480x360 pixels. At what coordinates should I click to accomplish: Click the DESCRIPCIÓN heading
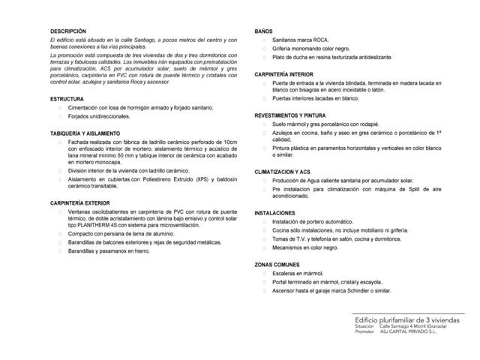[65, 31]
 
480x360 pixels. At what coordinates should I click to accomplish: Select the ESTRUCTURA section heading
[67, 99]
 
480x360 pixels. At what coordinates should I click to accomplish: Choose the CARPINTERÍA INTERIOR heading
[283, 75]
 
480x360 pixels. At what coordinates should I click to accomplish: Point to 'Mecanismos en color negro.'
[308, 246]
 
